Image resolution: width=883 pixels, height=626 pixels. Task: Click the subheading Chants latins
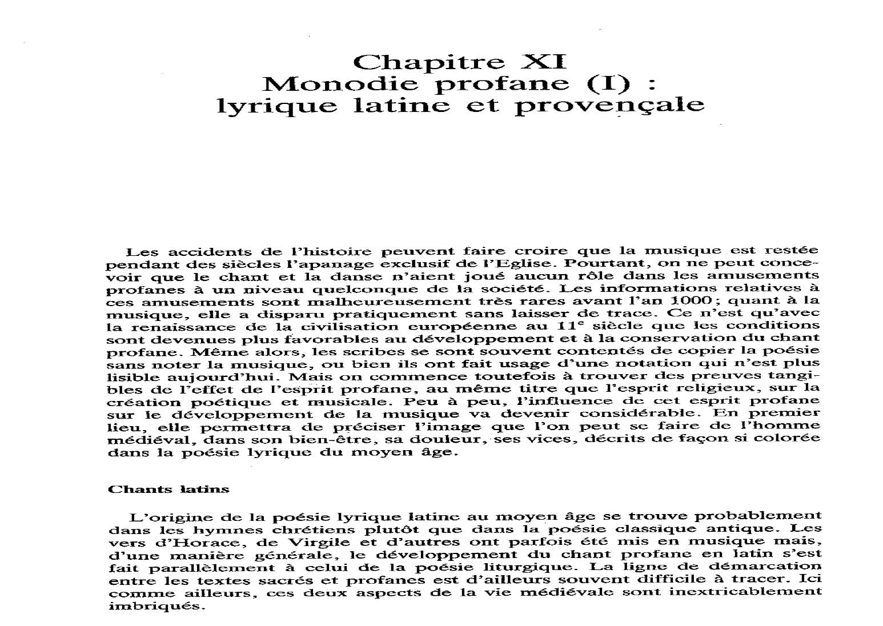point(168,489)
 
